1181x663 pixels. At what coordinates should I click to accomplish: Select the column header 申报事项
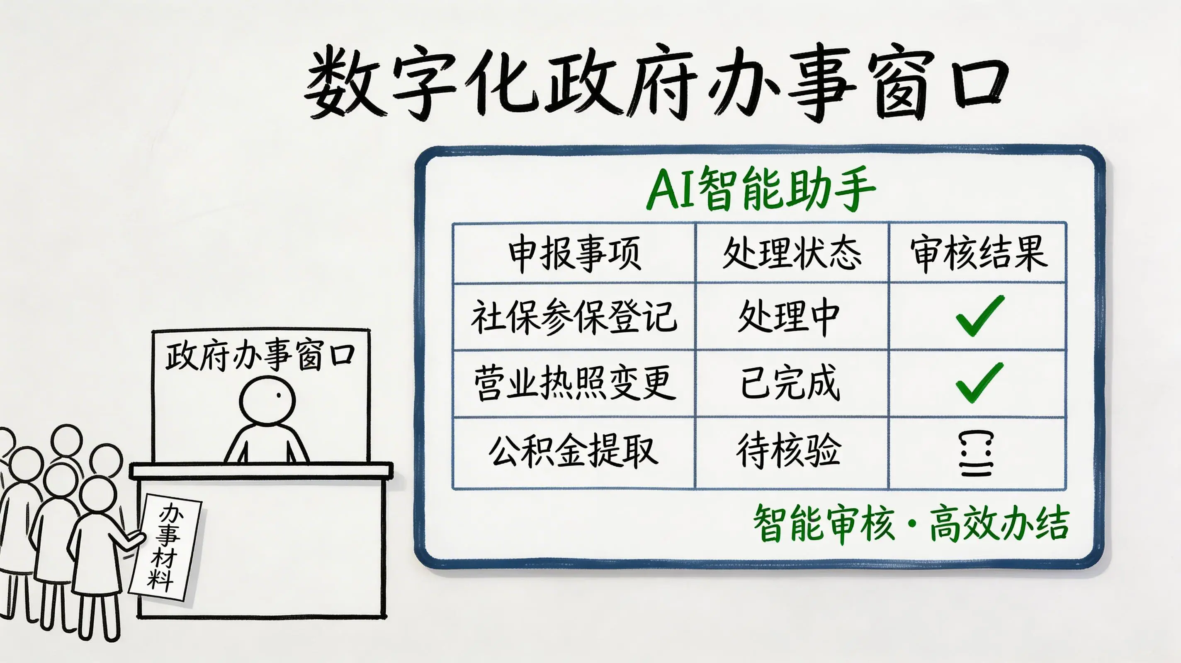pos(574,253)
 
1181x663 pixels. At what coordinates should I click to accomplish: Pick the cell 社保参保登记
pos(574,317)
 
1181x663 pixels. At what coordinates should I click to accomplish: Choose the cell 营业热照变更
pos(574,383)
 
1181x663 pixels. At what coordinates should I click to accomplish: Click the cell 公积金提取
pos(573,451)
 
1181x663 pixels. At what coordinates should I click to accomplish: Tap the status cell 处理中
pos(789,317)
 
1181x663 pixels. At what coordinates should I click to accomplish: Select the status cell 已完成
pos(790,383)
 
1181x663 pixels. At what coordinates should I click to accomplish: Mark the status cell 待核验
pos(789,451)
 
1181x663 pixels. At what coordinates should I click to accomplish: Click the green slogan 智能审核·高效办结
pos(911,524)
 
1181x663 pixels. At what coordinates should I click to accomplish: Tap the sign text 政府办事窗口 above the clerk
pos(260,355)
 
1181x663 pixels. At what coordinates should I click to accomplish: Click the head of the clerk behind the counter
pos(267,400)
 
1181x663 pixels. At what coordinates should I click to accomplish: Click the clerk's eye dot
pos(278,395)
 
